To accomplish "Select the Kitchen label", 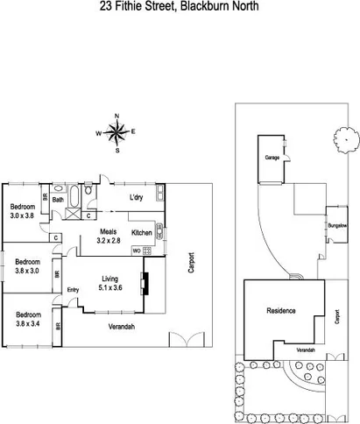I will [x=141, y=233].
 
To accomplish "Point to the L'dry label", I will [x=136, y=198].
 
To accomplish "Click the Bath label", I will [x=58, y=200].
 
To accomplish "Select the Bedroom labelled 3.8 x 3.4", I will [x=30, y=314].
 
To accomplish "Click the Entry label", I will [x=74, y=290].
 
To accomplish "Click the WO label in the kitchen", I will [x=136, y=251].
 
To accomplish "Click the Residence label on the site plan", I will [x=281, y=311].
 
